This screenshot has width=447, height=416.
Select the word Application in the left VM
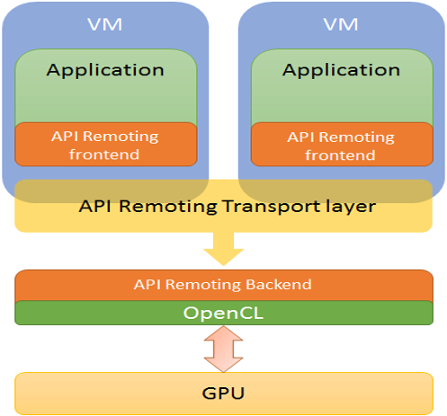click(105, 69)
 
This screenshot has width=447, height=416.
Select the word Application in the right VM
click(341, 69)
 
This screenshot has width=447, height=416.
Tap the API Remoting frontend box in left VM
click(105, 145)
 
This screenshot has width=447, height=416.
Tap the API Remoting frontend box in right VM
click(341, 145)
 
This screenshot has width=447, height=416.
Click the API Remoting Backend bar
click(222, 285)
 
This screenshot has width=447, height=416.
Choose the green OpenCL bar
click(222, 313)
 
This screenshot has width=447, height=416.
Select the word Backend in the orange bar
click(279, 285)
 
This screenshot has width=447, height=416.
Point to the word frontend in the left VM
click(105, 155)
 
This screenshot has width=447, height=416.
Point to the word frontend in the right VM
click(341, 155)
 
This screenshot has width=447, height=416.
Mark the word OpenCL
click(222, 313)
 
